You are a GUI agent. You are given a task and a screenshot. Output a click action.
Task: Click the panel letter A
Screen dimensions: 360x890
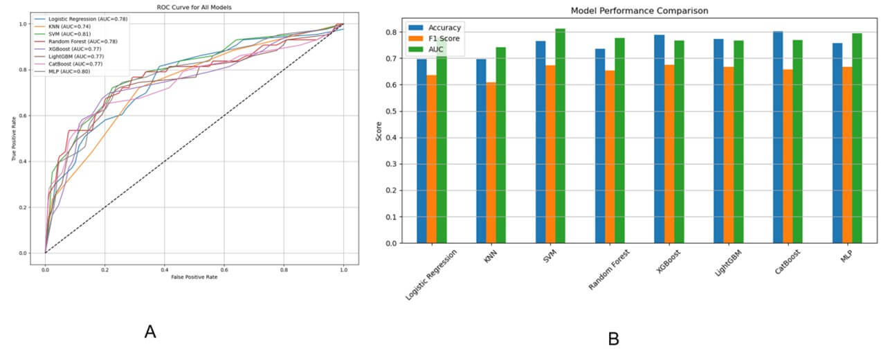click(150, 332)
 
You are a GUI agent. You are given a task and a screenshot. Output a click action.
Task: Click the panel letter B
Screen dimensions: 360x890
click(612, 339)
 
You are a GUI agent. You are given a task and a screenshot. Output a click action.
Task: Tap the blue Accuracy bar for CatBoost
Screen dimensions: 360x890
click(778, 137)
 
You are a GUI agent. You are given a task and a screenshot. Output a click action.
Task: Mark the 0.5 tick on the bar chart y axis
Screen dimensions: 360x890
click(393, 111)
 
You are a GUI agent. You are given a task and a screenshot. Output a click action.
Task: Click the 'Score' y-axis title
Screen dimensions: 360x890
click(379, 132)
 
